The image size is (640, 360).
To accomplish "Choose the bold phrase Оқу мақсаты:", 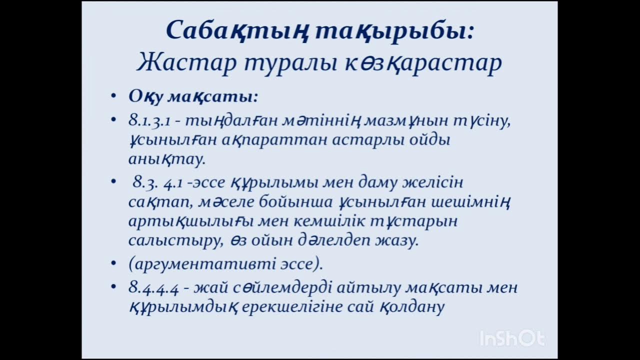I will pyautogui.click(x=193, y=96).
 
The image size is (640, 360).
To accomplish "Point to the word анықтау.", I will pyautogui.click(x=166, y=159).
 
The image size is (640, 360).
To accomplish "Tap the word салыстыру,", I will pyautogui.click(x=174, y=240).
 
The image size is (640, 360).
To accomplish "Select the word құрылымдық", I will pyautogui.click(x=182, y=306).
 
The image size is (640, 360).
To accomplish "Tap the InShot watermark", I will pyautogui.click(x=511, y=338).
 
